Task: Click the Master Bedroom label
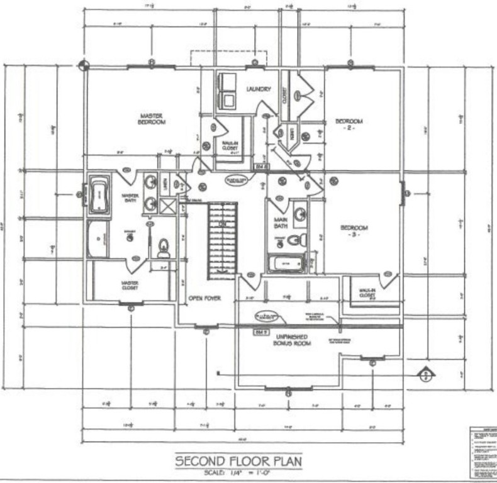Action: click(x=152, y=119)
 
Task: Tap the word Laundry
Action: click(x=258, y=89)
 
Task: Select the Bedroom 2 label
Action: click(x=349, y=124)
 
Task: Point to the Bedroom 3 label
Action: click(x=354, y=231)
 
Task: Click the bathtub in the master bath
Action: click(x=99, y=195)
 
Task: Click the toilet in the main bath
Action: click(x=296, y=240)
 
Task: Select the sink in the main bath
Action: click(x=301, y=214)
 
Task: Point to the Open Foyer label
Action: click(x=203, y=299)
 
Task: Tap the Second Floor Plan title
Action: click(x=238, y=461)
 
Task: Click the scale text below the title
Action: click(x=238, y=472)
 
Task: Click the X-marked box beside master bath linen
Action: click(x=168, y=206)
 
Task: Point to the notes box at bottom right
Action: click(x=483, y=452)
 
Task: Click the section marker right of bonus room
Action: click(x=427, y=373)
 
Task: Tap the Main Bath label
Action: click(x=280, y=223)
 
